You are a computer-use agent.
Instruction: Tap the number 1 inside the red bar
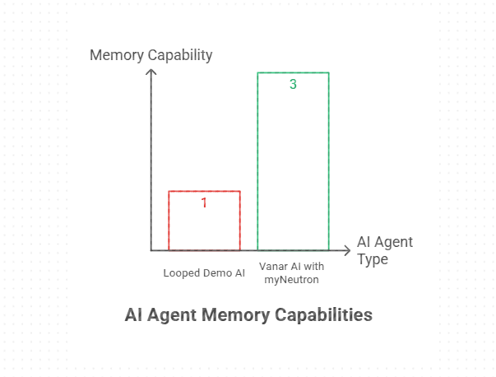point(204,202)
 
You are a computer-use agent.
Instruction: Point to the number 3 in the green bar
point(293,84)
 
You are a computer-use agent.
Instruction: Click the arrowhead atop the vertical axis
point(151,72)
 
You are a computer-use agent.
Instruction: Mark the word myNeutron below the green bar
point(291,280)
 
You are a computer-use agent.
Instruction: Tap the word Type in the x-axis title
point(373,259)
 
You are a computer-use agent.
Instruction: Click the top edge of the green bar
point(293,72)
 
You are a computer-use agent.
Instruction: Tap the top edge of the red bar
point(204,191)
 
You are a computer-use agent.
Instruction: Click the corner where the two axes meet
point(151,250)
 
